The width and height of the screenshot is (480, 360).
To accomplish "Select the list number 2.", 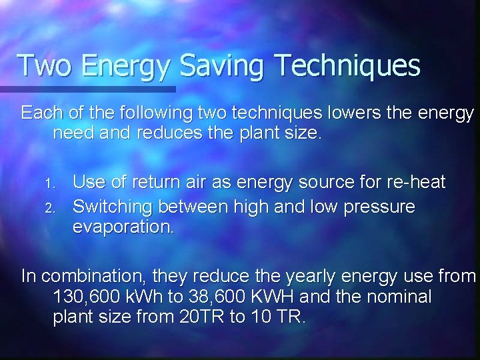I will click(48, 207).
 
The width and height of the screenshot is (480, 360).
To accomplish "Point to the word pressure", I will click(379, 207).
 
